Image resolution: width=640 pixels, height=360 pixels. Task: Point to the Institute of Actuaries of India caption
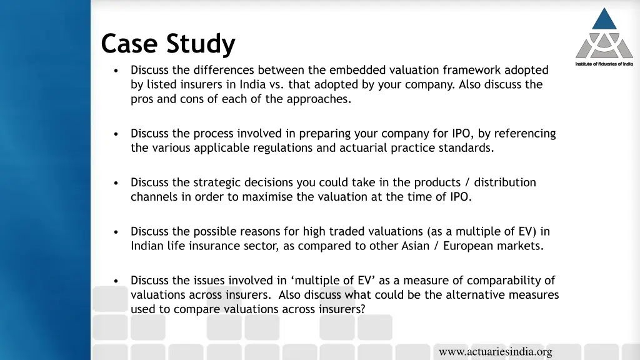pyautogui.click(x=604, y=64)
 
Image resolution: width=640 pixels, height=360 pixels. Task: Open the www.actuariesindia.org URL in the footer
pyautogui.click(x=496, y=352)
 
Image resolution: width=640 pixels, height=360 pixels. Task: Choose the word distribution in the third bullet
pyautogui.click(x=505, y=182)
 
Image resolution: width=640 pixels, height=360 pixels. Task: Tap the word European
pyautogui.click(x=469, y=246)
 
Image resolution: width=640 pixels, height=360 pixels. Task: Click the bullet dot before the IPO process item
pyautogui.click(x=117, y=134)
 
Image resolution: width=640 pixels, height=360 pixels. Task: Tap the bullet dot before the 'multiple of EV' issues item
pyautogui.click(x=117, y=281)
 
